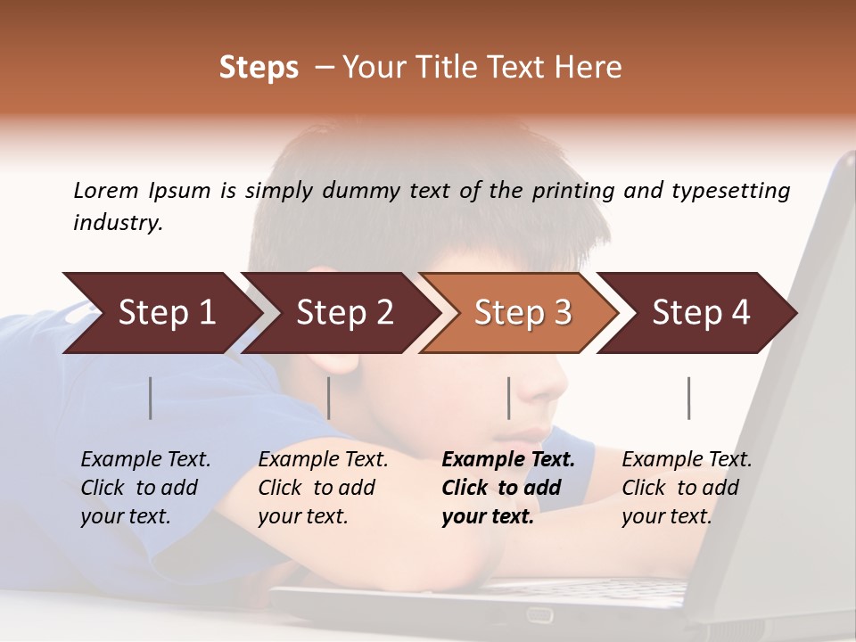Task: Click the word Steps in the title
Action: [259, 67]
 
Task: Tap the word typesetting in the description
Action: [730, 190]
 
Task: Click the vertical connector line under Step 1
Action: [151, 398]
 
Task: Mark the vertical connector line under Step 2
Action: [329, 398]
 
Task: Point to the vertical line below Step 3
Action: [508, 398]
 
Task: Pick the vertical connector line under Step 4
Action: [688, 398]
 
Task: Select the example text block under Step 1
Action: [145, 488]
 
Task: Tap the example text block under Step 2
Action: [323, 488]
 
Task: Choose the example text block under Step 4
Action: [687, 488]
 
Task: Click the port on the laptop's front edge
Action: [539, 615]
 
